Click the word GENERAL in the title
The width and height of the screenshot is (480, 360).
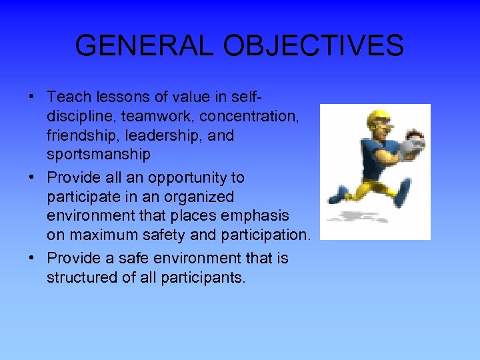(x=144, y=45)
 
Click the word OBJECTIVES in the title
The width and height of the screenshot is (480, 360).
(x=313, y=45)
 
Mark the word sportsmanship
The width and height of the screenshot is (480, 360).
(x=98, y=155)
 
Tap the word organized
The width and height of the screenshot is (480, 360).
(x=201, y=197)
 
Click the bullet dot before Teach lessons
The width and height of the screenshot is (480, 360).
(x=33, y=97)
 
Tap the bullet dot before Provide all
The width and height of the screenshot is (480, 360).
(x=33, y=178)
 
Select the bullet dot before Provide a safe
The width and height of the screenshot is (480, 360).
(x=33, y=258)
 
